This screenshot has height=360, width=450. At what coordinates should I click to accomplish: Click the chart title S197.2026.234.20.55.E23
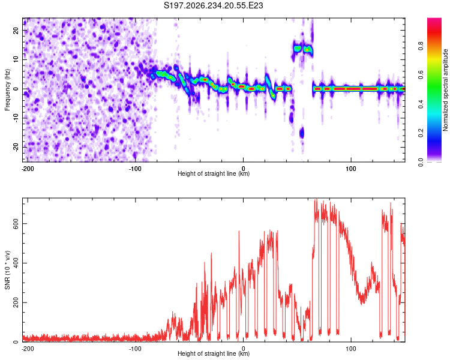click(x=213, y=5)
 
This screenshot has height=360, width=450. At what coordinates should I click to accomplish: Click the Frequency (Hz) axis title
click(x=7, y=90)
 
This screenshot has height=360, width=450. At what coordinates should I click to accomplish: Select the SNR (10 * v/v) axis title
click(x=7, y=270)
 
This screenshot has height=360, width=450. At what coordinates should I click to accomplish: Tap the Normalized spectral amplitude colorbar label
click(x=445, y=90)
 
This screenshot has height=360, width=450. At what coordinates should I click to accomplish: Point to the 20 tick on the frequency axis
click(x=16, y=30)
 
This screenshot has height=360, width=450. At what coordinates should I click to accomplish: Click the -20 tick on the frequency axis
click(x=16, y=147)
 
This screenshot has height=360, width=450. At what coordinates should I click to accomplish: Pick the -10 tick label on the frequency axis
click(x=16, y=118)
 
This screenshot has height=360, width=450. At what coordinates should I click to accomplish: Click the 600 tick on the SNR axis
click(x=16, y=223)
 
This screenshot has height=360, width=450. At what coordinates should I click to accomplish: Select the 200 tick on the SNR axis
click(x=16, y=302)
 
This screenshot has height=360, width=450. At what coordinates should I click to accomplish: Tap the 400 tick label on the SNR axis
click(x=16, y=263)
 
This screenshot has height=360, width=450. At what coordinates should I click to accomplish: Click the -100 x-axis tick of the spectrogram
click(x=135, y=169)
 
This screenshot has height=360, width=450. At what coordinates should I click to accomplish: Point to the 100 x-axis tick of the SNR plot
click(x=351, y=349)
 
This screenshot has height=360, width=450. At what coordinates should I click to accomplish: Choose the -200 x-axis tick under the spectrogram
click(x=27, y=169)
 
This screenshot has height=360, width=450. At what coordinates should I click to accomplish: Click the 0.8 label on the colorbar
click(x=421, y=46)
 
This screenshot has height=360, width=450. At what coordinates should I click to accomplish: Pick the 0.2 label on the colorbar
click(x=421, y=133)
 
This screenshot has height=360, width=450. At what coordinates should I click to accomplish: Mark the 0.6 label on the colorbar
click(x=421, y=75)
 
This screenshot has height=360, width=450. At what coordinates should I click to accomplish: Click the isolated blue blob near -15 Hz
click(x=302, y=133)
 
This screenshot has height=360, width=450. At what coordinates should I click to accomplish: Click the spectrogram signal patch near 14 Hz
click(x=303, y=49)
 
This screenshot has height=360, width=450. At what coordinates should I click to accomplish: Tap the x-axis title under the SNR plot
click(x=214, y=353)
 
